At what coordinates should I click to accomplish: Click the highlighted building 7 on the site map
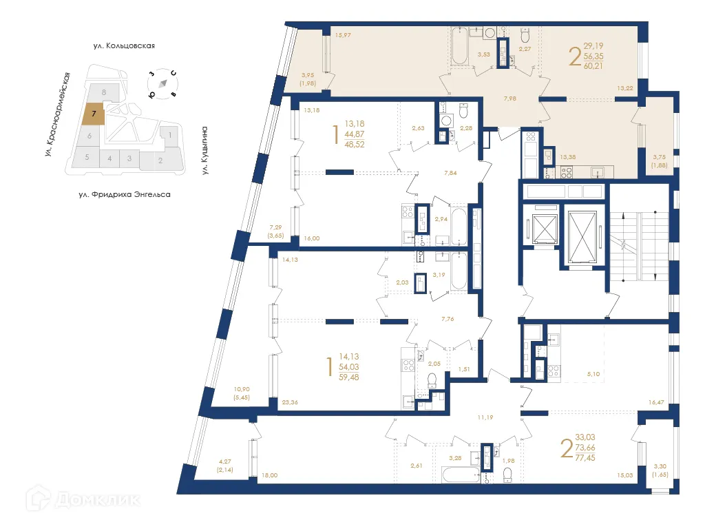coord(93,113)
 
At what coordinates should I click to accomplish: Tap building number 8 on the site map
coord(104,92)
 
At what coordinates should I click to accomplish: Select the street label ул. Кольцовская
coord(124,46)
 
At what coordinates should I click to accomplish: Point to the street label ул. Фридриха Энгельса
coord(124,194)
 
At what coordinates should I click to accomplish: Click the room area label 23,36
coord(291,403)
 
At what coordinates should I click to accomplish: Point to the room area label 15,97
coord(343,35)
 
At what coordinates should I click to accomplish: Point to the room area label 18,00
coord(269,475)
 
